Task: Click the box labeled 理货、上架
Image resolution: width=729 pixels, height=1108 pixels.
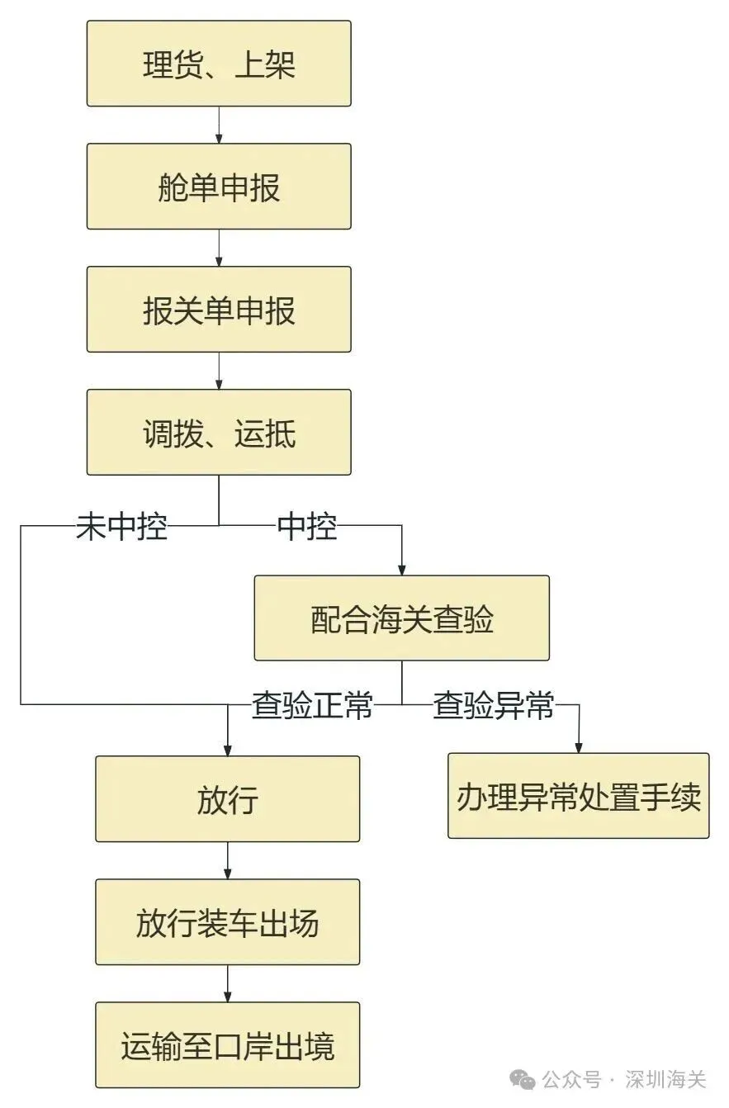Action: pyautogui.click(x=219, y=64)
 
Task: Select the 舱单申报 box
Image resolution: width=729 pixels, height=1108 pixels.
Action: pyautogui.click(x=219, y=187)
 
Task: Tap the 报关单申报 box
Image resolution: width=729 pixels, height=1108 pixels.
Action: pyautogui.click(x=219, y=310)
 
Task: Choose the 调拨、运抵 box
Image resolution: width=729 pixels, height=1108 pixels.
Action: pyautogui.click(x=219, y=432)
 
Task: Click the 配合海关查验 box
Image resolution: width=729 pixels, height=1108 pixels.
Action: pyautogui.click(x=401, y=618)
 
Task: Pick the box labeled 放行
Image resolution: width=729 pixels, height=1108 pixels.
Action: pyautogui.click(x=227, y=799)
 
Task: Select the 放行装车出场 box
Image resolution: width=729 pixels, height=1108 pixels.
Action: pyautogui.click(x=227, y=922)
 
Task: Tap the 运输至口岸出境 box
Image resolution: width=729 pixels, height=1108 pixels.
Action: pyautogui.click(x=227, y=1045)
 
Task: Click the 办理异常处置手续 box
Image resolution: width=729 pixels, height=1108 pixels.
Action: pyautogui.click(x=578, y=796)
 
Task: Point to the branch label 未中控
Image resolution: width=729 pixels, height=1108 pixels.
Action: pyautogui.click(x=121, y=526)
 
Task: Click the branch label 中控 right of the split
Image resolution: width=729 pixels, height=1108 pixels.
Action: pyautogui.click(x=307, y=526)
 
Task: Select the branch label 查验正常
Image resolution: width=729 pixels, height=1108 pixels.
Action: pyautogui.click(x=312, y=706)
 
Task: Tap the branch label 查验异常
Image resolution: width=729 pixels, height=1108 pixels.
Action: pyautogui.click(x=493, y=706)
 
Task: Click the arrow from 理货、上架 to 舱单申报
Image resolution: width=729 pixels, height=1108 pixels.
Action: pyautogui.click(x=219, y=125)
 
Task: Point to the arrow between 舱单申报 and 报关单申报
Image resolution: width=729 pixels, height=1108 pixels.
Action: pyautogui.click(x=219, y=248)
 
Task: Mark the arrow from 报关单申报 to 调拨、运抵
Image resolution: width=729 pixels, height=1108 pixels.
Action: pyautogui.click(x=219, y=371)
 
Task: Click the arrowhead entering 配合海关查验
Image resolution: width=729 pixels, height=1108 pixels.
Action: pyautogui.click(x=402, y=570)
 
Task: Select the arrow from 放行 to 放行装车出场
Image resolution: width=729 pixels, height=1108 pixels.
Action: pyautogui.click(x=227, y=860)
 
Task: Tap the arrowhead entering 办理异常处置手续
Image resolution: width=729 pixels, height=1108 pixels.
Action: pyautogui.click(x=578, y=747)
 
